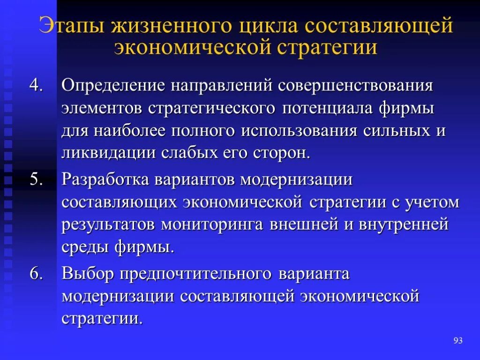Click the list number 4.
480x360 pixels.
[x=36, y=86]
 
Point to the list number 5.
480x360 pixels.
[x=36, y=180]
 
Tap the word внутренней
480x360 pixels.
[x=404, y=225]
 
